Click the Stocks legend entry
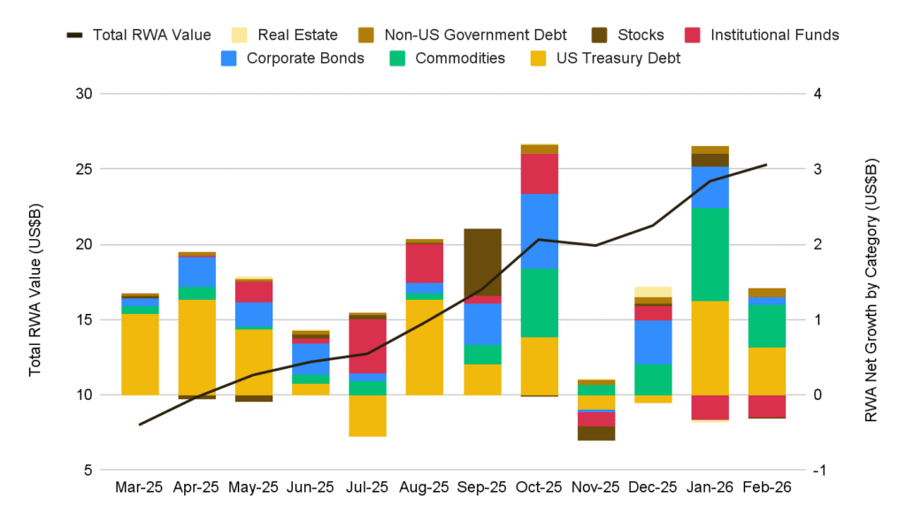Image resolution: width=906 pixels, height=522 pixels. [x=629, y=35]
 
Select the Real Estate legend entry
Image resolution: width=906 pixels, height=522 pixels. [x=284, y=35]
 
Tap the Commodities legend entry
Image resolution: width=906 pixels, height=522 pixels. [x=446, y=58]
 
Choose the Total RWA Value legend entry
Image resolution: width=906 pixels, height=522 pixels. [x=139, y=35]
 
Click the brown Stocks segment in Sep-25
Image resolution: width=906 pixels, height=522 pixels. [x=482, y=262]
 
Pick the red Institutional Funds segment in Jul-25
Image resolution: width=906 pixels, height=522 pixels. [x=367, y=346]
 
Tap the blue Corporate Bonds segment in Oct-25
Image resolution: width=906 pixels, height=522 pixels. [x=540, y=231]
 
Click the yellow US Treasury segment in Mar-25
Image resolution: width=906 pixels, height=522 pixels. [x=140, y=354]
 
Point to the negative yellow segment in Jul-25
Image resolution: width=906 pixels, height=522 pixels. [x=367, y=415]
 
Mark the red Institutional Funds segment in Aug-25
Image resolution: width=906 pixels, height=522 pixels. [x=425, y=263]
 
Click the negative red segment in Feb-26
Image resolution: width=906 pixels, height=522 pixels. [x=767, y=405]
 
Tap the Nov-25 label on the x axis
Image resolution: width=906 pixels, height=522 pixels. [x=596, y=487]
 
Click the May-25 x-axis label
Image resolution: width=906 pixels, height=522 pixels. [x=253, y=487]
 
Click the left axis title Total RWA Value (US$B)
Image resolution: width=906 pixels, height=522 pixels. [x=35, y=282]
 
